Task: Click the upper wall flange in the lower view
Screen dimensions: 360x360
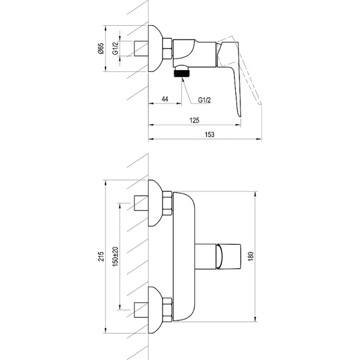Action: click(155, 203)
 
